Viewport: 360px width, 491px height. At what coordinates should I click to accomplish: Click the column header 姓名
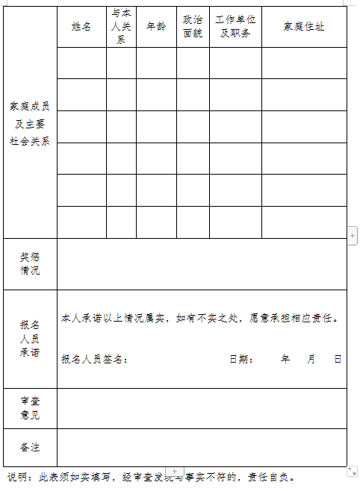pos(81,27)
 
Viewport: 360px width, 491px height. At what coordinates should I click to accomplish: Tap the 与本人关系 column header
pos(121,27)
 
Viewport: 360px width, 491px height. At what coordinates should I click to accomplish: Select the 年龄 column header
pos(156,27)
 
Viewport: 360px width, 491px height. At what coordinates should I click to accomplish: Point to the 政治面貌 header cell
pos(193,27)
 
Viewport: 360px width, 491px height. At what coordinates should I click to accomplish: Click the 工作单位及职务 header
pos(235,27)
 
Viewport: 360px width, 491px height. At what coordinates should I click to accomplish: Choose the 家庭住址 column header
pos(304,27)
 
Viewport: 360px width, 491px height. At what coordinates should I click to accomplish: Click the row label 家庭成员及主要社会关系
pos(30,123)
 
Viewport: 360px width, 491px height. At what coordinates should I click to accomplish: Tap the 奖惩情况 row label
pos(30,263)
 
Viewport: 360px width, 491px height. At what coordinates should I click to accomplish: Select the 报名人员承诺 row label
pos(30,338)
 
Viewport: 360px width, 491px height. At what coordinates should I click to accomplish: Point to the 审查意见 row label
pos(30,408)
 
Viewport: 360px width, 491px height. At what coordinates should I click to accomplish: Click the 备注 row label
pos(30,448)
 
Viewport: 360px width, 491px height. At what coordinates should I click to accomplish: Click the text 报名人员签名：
pos(95,360)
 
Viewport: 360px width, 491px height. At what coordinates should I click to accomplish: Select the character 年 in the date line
pos(285,360)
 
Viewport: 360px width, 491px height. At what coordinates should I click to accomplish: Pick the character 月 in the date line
pos(311,360)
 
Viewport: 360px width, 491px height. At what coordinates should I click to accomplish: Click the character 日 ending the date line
pos(338,360)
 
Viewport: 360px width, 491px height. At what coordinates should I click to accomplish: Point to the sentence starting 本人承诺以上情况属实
pos(202,319)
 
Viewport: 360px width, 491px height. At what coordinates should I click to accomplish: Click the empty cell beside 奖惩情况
pos(202,263)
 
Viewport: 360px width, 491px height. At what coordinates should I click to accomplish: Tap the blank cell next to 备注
pos(202,448)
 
